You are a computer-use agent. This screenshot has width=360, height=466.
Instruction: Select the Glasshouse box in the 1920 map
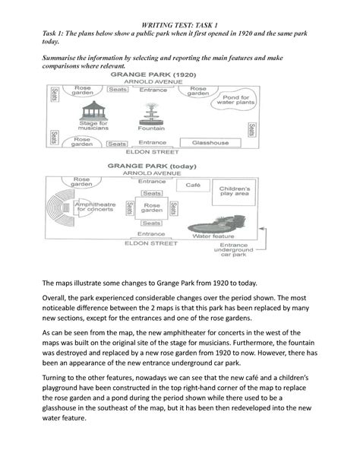210,143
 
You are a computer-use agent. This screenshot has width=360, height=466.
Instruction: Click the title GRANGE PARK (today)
152,164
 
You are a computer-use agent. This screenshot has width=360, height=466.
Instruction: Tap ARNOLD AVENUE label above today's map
152,173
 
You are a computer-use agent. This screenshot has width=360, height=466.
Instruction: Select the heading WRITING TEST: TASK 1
181,27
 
